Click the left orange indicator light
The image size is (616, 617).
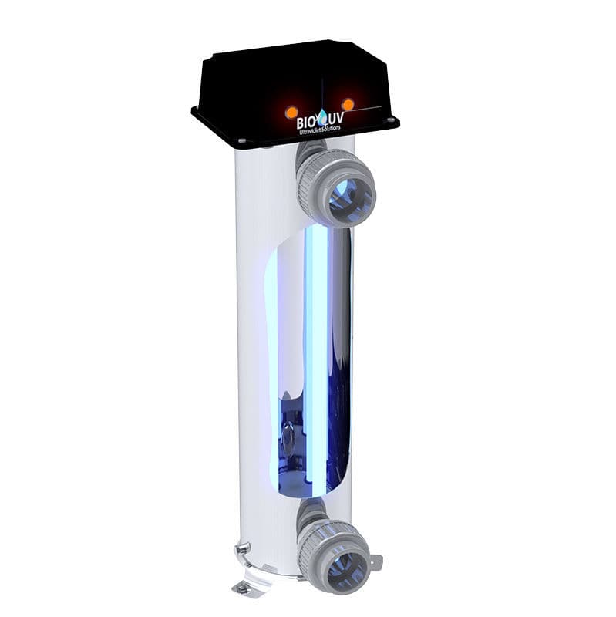291,113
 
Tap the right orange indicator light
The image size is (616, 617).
348,104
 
